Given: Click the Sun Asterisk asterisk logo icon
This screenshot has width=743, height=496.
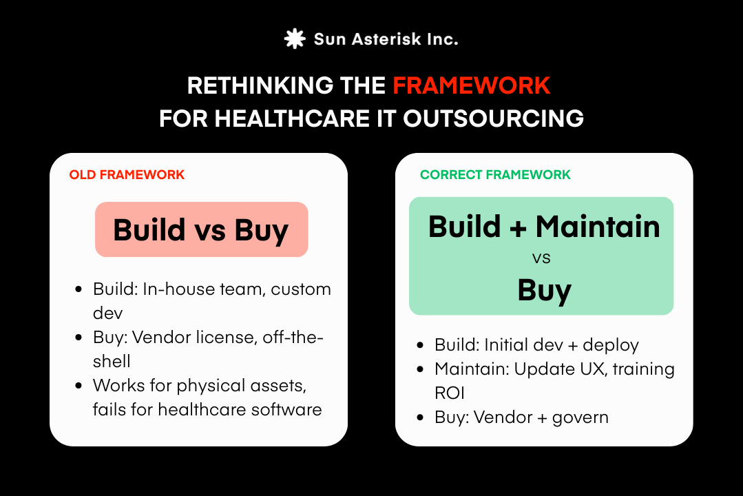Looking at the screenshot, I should (x=295, y=39).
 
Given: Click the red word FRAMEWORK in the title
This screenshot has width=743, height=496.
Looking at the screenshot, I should (x=471, y=85).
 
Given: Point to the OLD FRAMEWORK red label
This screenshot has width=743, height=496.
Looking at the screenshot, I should (x=127, y=175).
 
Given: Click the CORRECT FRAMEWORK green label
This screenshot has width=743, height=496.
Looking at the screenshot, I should (x=495, y=175).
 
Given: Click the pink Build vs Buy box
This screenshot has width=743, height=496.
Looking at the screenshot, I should (x=201, y=229).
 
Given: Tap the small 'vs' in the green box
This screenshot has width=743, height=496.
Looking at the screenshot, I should (x=541, y=259).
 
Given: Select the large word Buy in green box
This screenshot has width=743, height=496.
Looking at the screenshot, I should (x=544, y=290).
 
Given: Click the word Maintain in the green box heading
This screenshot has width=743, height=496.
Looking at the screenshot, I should (x=598, y=227).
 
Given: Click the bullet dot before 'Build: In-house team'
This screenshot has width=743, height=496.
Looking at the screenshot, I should (x=80, y=289).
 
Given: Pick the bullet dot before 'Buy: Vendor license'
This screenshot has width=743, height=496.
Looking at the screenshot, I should (x=80, y=338).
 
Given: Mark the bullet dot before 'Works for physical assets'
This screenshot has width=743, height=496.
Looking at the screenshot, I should (x=80, y=386).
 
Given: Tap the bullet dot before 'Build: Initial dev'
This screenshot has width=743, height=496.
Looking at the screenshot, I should (x=421, y=346).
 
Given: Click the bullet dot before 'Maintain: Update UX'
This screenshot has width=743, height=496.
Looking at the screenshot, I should (x=421, y=370).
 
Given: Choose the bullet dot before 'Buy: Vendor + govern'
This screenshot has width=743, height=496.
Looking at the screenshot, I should (x=421, y=417).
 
